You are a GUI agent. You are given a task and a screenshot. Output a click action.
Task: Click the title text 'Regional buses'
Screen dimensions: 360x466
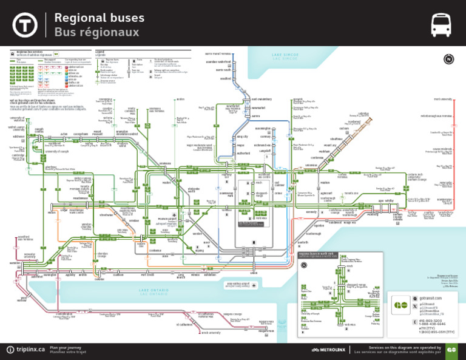[x=100, y=18]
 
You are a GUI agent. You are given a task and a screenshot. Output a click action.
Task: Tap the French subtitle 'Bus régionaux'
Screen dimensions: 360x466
[x=96, y=32]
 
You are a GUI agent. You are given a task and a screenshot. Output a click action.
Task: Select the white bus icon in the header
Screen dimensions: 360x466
[x=441, y=25]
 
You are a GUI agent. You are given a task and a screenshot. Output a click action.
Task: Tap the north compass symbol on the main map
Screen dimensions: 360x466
[x=448, y=59]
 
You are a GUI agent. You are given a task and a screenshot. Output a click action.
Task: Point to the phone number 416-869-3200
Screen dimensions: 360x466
[x=431, y=321]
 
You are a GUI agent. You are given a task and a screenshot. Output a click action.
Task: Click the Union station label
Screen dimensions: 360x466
[x=254, y=273]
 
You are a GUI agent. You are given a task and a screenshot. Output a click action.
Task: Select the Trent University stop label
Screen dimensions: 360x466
[x=442, y=99]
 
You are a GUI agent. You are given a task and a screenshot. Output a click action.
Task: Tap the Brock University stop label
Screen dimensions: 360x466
[x=211, y=333]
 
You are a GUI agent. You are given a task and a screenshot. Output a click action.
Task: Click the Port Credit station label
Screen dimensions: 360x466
[x=147, y=275]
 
